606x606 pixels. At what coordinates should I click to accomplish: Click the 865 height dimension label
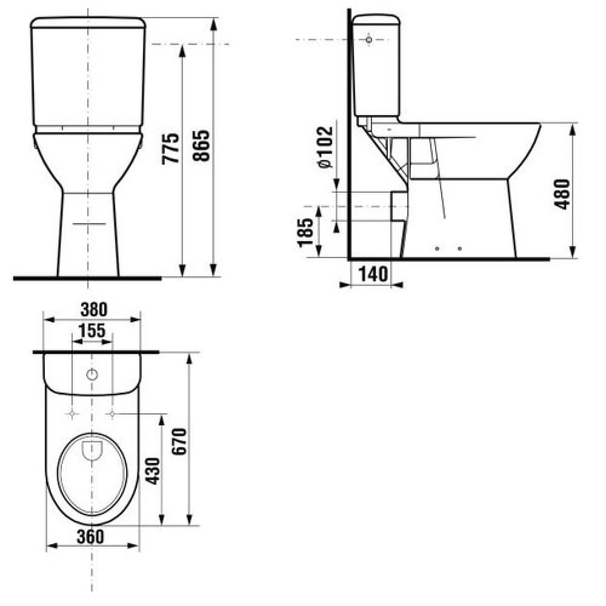(x=202, y=145)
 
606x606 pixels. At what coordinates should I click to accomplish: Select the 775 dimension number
(x=170, y=149)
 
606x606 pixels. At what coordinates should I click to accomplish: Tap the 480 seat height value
(x=562, y=195)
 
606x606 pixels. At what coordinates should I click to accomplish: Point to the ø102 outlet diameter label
(x=325, y=147)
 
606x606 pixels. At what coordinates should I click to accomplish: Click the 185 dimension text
(x=305, y=232)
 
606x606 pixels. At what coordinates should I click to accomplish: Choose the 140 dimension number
(x=373, y=275)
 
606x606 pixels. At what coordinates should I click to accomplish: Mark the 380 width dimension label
(x=94, y=310)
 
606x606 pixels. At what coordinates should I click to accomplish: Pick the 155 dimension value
(x=92, y=331)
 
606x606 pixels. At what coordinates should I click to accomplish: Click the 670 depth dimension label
(x=179, y=441)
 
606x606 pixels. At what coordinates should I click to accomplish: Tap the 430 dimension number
(x=153, y=471)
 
